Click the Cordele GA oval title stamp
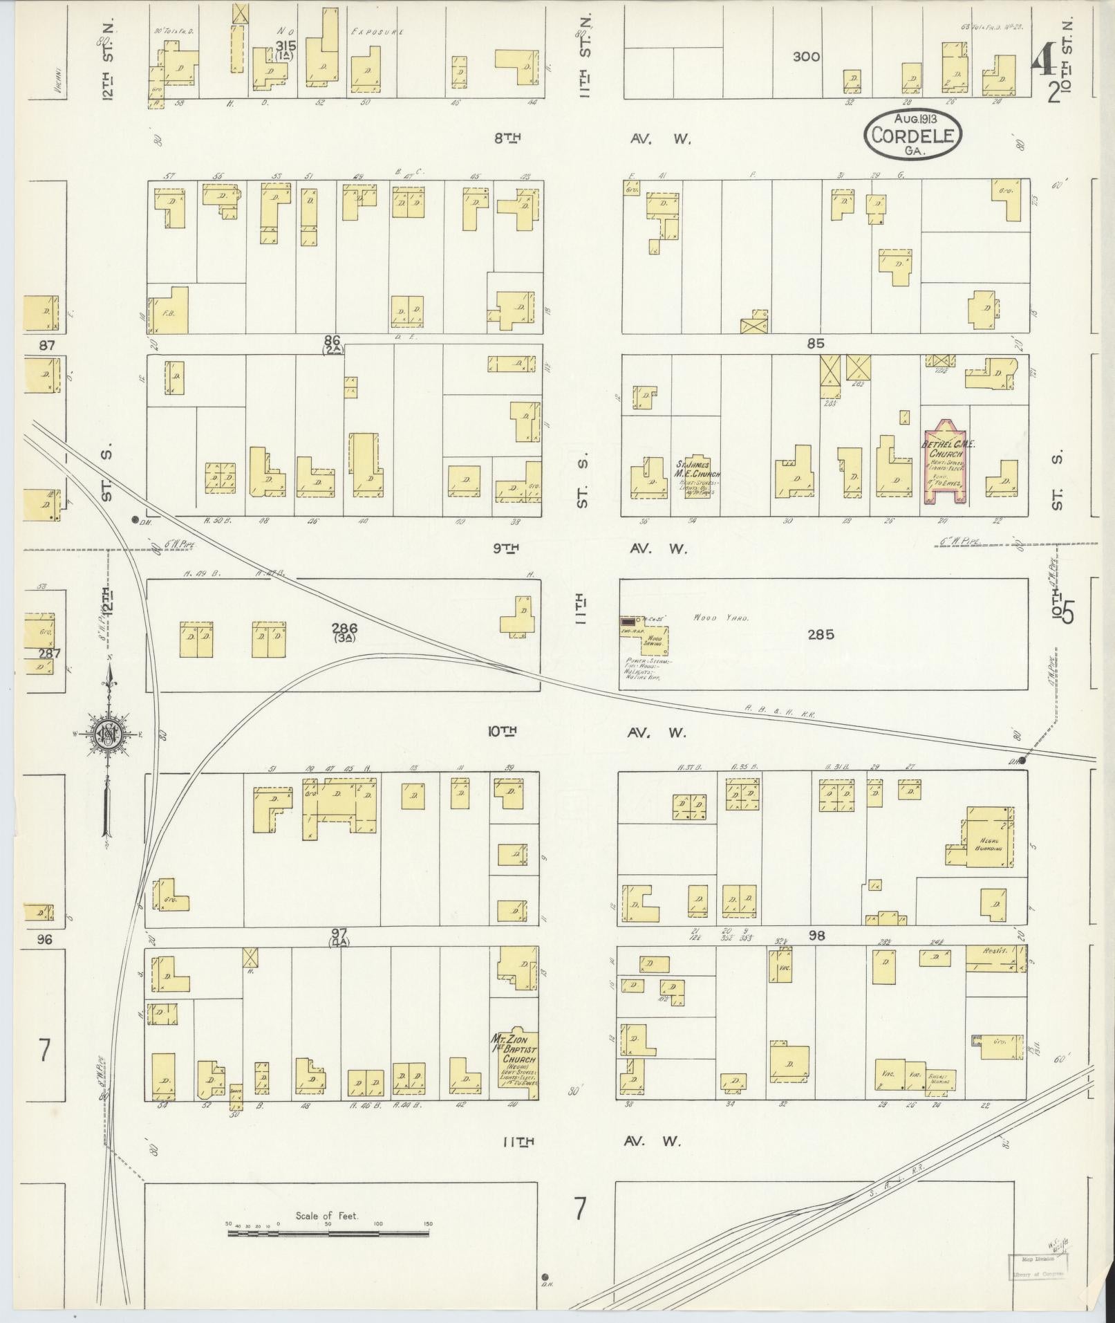point(912,133)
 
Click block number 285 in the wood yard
point(821,634)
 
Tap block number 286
point(344,629)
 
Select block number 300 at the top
point(806,57)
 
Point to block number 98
point(816,936)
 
